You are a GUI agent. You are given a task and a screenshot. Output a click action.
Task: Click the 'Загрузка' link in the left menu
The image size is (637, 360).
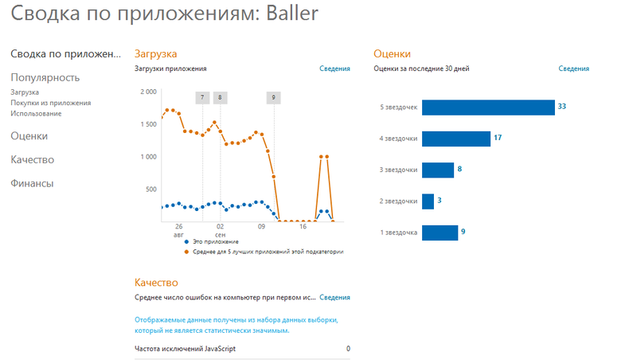(25, 92)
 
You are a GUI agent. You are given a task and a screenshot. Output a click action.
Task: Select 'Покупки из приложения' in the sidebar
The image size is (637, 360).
(50, 103)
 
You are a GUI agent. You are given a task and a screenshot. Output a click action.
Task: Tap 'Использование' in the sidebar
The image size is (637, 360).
(36, 113)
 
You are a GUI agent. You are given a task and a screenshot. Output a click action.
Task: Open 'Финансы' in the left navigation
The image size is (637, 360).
(32, 183)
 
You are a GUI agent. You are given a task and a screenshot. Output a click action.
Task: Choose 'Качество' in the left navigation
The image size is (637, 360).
(32, 159)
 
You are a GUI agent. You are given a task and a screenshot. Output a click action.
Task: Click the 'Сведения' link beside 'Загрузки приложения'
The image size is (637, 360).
(334, 69)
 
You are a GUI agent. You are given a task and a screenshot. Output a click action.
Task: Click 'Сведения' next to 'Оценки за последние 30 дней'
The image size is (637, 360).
(573, 69)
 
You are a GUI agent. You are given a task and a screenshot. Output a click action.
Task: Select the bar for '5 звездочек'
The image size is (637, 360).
(487, 107)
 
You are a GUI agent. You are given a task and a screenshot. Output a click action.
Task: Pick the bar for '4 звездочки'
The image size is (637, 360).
(455, 139)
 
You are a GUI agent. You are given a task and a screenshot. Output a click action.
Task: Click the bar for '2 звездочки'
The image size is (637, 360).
(428, 202)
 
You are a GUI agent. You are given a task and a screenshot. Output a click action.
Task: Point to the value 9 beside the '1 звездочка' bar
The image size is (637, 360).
(463, 233)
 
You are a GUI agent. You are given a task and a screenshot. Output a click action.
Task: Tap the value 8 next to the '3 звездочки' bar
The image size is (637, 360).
(459, 170)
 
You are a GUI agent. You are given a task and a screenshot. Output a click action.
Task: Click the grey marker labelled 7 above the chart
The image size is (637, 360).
(202, 98)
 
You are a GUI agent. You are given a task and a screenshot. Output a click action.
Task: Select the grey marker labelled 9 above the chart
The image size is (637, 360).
(274, 98)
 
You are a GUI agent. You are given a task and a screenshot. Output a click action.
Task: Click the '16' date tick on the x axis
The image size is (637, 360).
(303, 227)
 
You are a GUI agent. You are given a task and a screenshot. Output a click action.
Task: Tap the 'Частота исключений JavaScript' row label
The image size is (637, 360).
(185, 349)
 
